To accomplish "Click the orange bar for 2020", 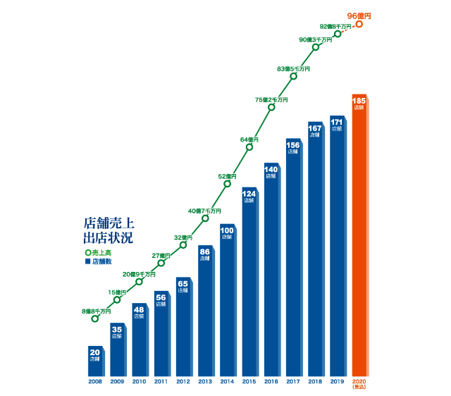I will click(359, 240).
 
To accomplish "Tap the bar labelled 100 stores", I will click(227, 303).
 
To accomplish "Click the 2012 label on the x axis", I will click(183, 381).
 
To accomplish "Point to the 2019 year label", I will click(337, 381).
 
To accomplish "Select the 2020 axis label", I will click(359, 381).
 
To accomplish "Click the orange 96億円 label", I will click(359, 15).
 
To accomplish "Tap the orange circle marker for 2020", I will click(359, 24).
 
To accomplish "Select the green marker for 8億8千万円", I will click(95, 318).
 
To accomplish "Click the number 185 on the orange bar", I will click(359, 101).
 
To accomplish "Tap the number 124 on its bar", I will click(249, 193).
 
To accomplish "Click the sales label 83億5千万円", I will click(293, 68).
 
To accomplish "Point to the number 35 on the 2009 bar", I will click(117, 329).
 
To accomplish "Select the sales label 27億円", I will click(161, 255).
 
